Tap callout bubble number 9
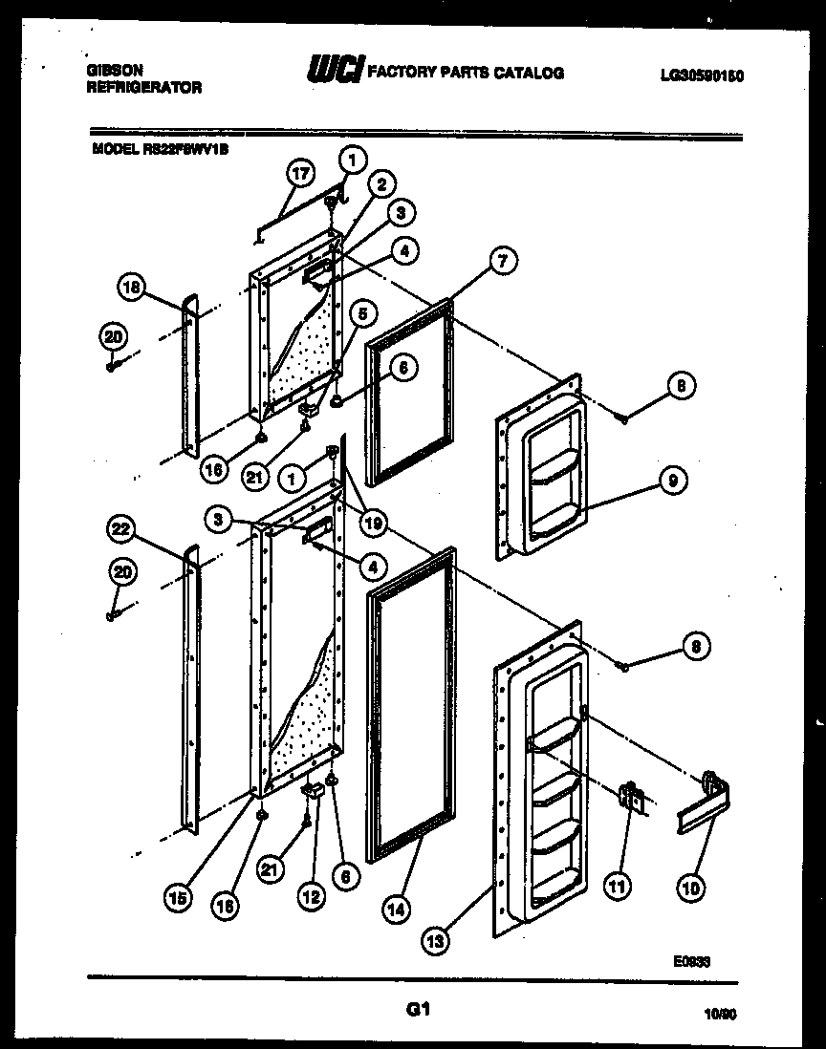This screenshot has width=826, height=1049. pos(672,483)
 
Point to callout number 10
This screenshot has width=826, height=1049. pos(690,888)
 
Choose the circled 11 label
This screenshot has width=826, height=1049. pos(617,888)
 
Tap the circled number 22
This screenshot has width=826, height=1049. pos(123,530)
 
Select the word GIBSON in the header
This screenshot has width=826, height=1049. pos(115,70)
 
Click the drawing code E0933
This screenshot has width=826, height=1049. pos(690,963)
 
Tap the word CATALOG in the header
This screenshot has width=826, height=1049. pos(530,73)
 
